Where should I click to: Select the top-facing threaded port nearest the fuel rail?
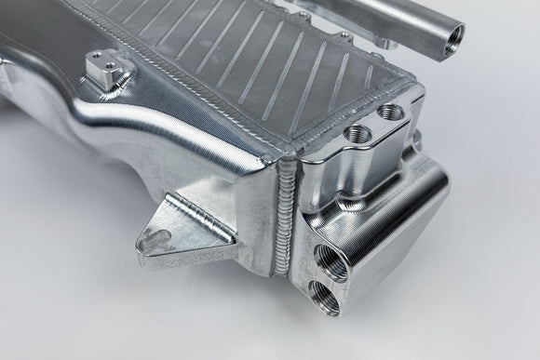click(x=392, y=115)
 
